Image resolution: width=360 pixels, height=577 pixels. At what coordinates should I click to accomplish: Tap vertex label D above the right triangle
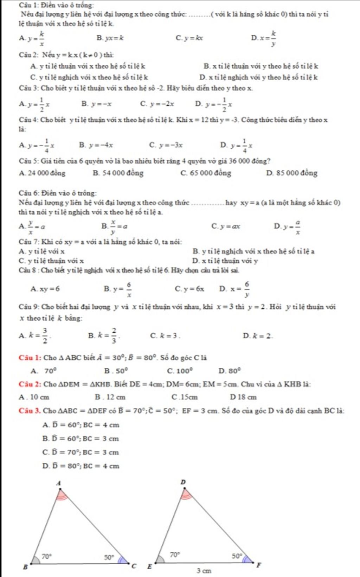click(183, 482)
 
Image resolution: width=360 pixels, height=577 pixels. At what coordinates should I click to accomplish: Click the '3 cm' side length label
click(204, 571)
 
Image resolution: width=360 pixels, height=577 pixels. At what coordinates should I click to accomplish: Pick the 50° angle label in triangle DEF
click(237, 556)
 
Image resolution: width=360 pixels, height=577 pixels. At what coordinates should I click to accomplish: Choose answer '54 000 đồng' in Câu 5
click(118, 173)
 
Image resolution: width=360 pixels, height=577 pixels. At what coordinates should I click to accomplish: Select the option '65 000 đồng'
click(206, 173)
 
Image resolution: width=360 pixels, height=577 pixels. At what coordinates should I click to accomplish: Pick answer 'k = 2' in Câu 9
click(258, 336)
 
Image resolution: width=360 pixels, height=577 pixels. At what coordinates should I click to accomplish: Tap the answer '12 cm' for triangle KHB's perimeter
click(110, 397)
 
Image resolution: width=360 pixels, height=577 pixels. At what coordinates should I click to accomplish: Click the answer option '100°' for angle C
click(180, 371)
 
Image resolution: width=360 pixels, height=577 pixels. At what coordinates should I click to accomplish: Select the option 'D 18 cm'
click(243, 397)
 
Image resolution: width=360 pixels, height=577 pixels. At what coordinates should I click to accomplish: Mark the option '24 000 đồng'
click(43, 173)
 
